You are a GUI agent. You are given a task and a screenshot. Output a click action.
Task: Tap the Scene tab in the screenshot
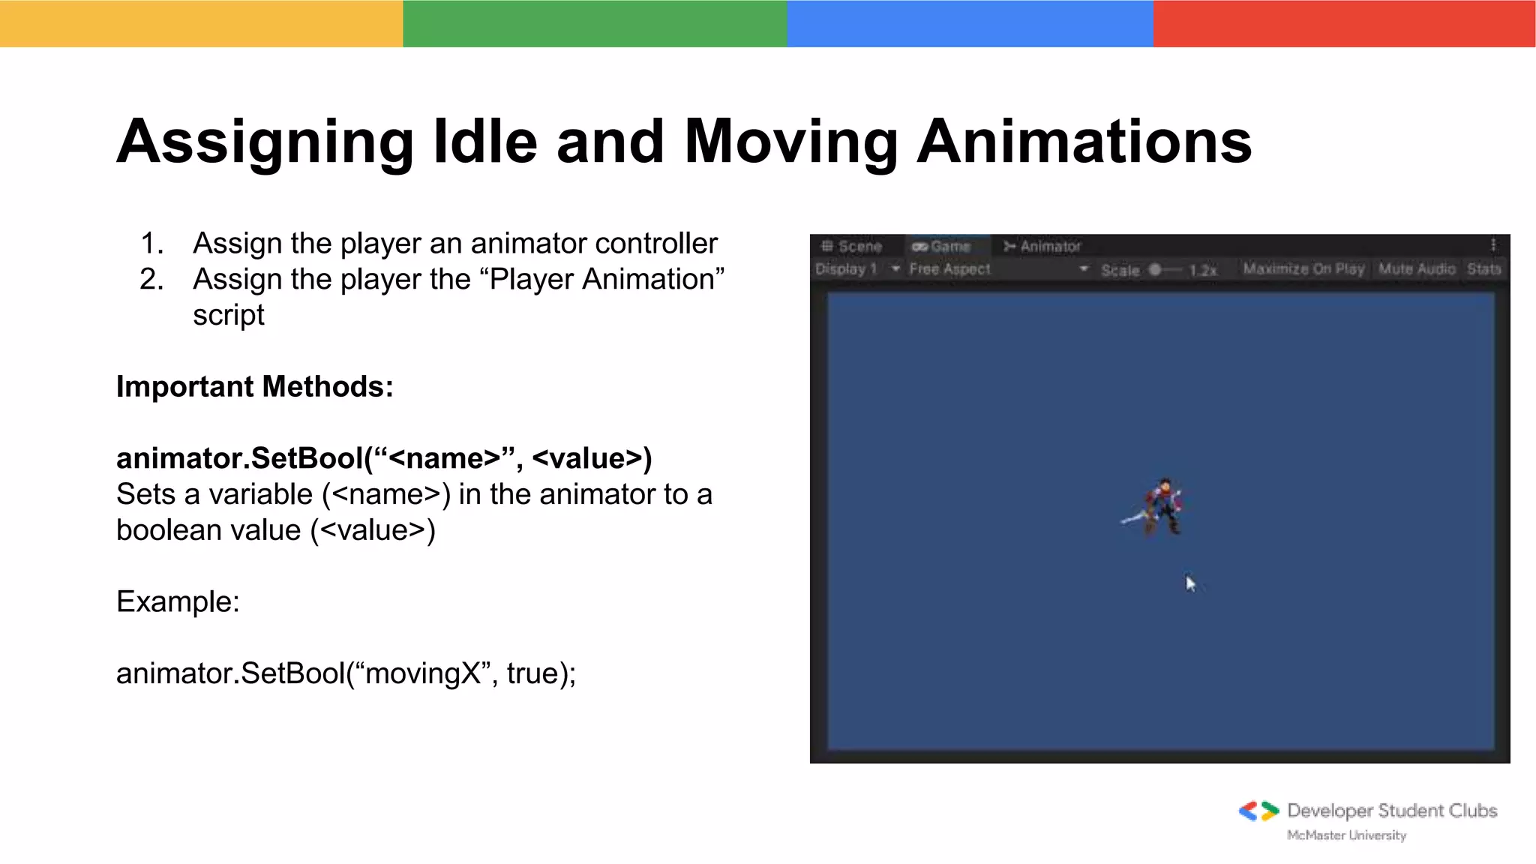tap(852, 246)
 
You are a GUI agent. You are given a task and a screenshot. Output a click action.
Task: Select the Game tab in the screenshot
tap(943, 246)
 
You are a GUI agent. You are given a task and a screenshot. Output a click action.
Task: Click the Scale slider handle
tap(1155, 269)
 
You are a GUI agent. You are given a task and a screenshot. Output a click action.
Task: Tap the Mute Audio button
tap(1416, 268)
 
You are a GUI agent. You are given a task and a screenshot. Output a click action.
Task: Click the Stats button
tap(1483, 268)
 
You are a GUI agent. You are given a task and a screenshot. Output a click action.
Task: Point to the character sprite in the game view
tap(1159, 507)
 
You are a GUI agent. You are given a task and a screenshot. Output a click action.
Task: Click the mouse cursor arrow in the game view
tap(1190, 583)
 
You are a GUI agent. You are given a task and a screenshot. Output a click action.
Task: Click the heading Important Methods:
tap(254, 387)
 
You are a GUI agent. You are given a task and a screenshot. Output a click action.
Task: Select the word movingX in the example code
tap(422, 673)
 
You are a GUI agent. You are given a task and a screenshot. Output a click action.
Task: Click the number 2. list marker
tap(151, 280)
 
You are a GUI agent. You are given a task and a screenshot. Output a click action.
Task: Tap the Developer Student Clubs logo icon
tap(1258, 811)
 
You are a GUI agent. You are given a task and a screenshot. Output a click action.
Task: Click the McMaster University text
tap(1346, 835)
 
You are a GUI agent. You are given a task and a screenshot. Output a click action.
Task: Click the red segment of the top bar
tap(1344, 23)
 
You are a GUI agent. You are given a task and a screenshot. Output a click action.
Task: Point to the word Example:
tap(178, 601)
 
